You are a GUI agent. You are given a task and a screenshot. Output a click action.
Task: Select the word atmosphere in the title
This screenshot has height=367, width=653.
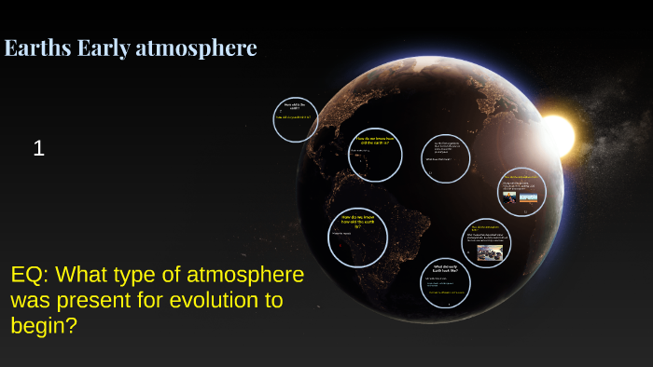pos(196,48)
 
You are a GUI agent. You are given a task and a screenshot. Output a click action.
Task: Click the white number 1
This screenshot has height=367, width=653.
pos(38,147)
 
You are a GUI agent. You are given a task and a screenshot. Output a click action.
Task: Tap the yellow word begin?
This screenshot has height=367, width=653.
pos(46,326)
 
